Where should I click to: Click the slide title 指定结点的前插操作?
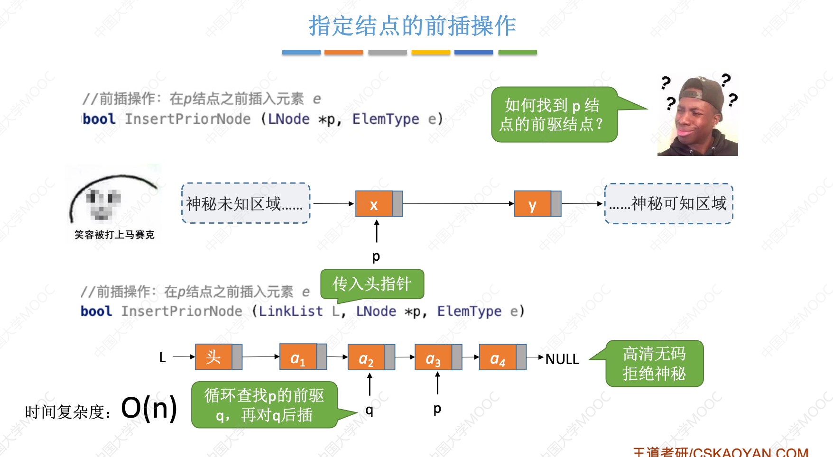tap(412, 26)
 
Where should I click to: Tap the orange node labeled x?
tap(374, 204)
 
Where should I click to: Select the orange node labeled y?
tap(533, 204)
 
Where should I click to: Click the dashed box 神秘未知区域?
tap(246, 203)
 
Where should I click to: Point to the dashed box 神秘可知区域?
tap(668, 204)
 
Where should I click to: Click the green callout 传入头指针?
tap(372, 284)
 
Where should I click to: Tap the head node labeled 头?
tap(214, 357)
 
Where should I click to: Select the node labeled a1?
tap(298, 357)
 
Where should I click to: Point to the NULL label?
tap(562, 359)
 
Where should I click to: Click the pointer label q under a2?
tap(370, 410)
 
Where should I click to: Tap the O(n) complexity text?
tap(149, 408)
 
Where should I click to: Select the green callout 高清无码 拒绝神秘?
tap(654, 364)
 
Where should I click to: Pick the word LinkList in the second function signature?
tap(291, 311)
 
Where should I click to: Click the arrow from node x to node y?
tap(458, 204)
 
